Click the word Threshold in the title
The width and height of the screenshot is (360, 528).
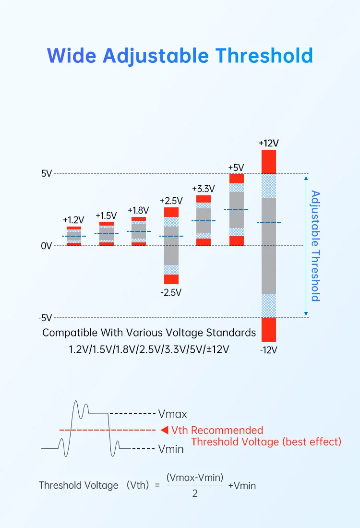pyautogui.click(x=264, y=56)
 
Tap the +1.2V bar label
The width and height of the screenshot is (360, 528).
pyautogui.click(x=73, y=220)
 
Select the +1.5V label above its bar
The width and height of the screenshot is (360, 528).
pyautogui.click(x=106, y=216)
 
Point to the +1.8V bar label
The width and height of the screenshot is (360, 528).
pyautogui.click(x=138, y=210)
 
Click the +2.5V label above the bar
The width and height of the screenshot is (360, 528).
pyautogui.click(x=171, y=200)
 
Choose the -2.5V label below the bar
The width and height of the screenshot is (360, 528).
pyautogui.click(x=171, y=292)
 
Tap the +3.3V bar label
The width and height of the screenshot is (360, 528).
pyautogui.click(x=203, y=188)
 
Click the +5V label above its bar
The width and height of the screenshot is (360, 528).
pyautogui.click(x=236, y=168)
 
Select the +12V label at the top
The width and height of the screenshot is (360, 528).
pyautogui.click(x=268, y=143)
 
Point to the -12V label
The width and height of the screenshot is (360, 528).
pyautogui.click(x=268, y=350)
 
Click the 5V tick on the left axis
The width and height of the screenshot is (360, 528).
pyautogui.click(x=46, y=174)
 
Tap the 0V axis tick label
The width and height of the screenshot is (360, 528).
pyautogui.click(x=46, y=246)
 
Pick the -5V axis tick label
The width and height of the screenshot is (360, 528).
pyautogui.click(x=45, y=318)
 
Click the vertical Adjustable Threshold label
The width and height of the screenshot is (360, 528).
pyautogui.click(x=315, y=246)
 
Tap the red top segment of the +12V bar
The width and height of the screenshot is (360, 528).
pyautogui.click(x=269, y=162)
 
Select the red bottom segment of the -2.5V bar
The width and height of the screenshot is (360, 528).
pyautogui.click(x=171, y=279)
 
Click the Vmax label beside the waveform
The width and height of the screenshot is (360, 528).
pyautogui.click(x=172, y=413)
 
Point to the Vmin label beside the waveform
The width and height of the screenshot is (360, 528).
pyautogui.click(x=171, y=449)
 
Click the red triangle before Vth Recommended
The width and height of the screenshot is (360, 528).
pyautogui.click(x=164, y=430)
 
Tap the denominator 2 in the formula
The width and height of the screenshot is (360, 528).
pyautogui.click(x=194, y=493)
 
